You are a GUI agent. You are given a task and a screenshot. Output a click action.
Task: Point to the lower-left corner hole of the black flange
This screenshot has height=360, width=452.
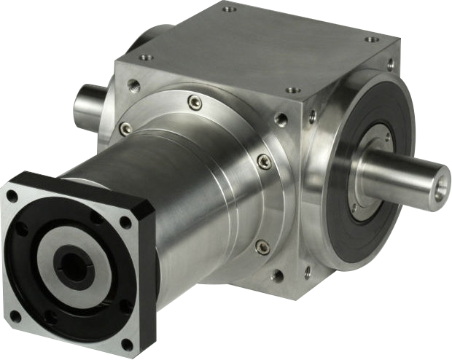15,316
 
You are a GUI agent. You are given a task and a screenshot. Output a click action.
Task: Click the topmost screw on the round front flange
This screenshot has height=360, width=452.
194,103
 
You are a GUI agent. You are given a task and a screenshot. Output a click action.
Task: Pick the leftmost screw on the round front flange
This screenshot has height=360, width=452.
126,128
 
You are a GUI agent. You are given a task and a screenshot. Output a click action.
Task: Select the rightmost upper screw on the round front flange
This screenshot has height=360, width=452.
264,160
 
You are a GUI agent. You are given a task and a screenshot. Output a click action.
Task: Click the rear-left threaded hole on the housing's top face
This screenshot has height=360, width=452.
230,10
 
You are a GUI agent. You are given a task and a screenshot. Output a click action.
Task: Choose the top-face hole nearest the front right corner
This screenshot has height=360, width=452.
292,90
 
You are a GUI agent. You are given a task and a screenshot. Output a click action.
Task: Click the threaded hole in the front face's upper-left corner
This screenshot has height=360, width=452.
133,85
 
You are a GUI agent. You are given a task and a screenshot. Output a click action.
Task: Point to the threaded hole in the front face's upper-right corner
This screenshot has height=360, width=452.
281,119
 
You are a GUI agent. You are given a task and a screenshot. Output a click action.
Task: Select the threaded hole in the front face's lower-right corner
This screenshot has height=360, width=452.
277,275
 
